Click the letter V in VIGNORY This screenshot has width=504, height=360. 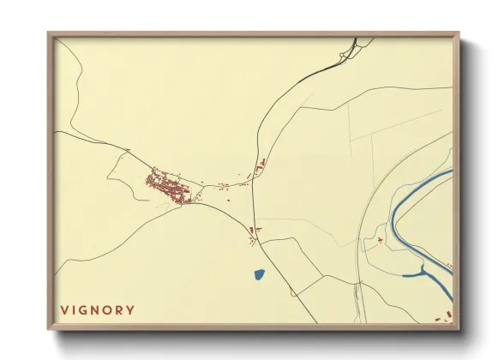(x=63, y=309)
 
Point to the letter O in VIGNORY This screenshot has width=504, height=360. (x=113, y=309)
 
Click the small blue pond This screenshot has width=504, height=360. (x=259, y=275)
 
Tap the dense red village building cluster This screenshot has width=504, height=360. (x=168, y=185)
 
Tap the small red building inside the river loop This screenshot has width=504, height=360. (x=378, y=243)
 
